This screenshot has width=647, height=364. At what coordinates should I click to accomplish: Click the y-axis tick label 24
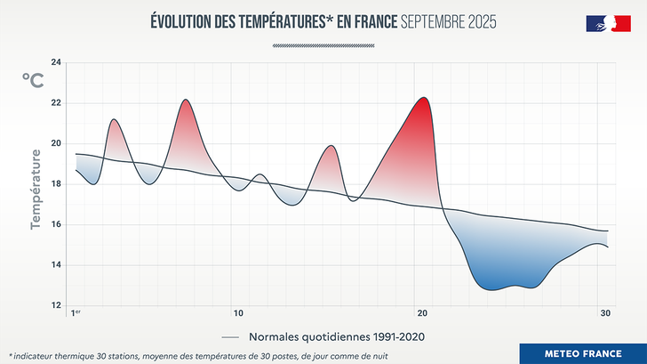pyautogui.click(x=56, y=62)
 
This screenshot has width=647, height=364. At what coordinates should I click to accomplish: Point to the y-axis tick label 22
pyautogui.click(x=56, y=102)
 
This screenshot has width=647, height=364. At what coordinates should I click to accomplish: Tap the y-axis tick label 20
pyautogui.click(x=56, y=143)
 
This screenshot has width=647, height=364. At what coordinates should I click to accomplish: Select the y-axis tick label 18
pyautogui.click(x=56, y=184)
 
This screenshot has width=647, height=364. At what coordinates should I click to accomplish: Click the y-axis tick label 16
pyautogui.click(x=56, y=224)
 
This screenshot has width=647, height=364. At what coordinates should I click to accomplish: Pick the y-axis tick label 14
pyautogui.click(x=56, y=265)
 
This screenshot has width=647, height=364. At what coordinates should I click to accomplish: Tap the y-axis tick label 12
pyautogui.click(x=56, y=305)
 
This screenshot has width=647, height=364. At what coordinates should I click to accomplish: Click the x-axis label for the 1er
pyautogui.click(x=76, y=313)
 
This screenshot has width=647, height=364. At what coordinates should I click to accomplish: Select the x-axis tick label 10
pyautogui.click(x=238, y=313)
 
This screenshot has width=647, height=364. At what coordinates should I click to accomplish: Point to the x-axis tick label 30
pyautogui.click(x=605, y=313)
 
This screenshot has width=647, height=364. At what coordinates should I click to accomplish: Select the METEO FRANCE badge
pyautogui.click(x=583, y=353)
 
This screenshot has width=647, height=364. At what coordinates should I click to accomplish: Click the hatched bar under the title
pyautogui.click(x=323, y=43)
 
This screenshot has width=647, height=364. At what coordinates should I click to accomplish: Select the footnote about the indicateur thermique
pyautogui.click(x=198, y=354)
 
